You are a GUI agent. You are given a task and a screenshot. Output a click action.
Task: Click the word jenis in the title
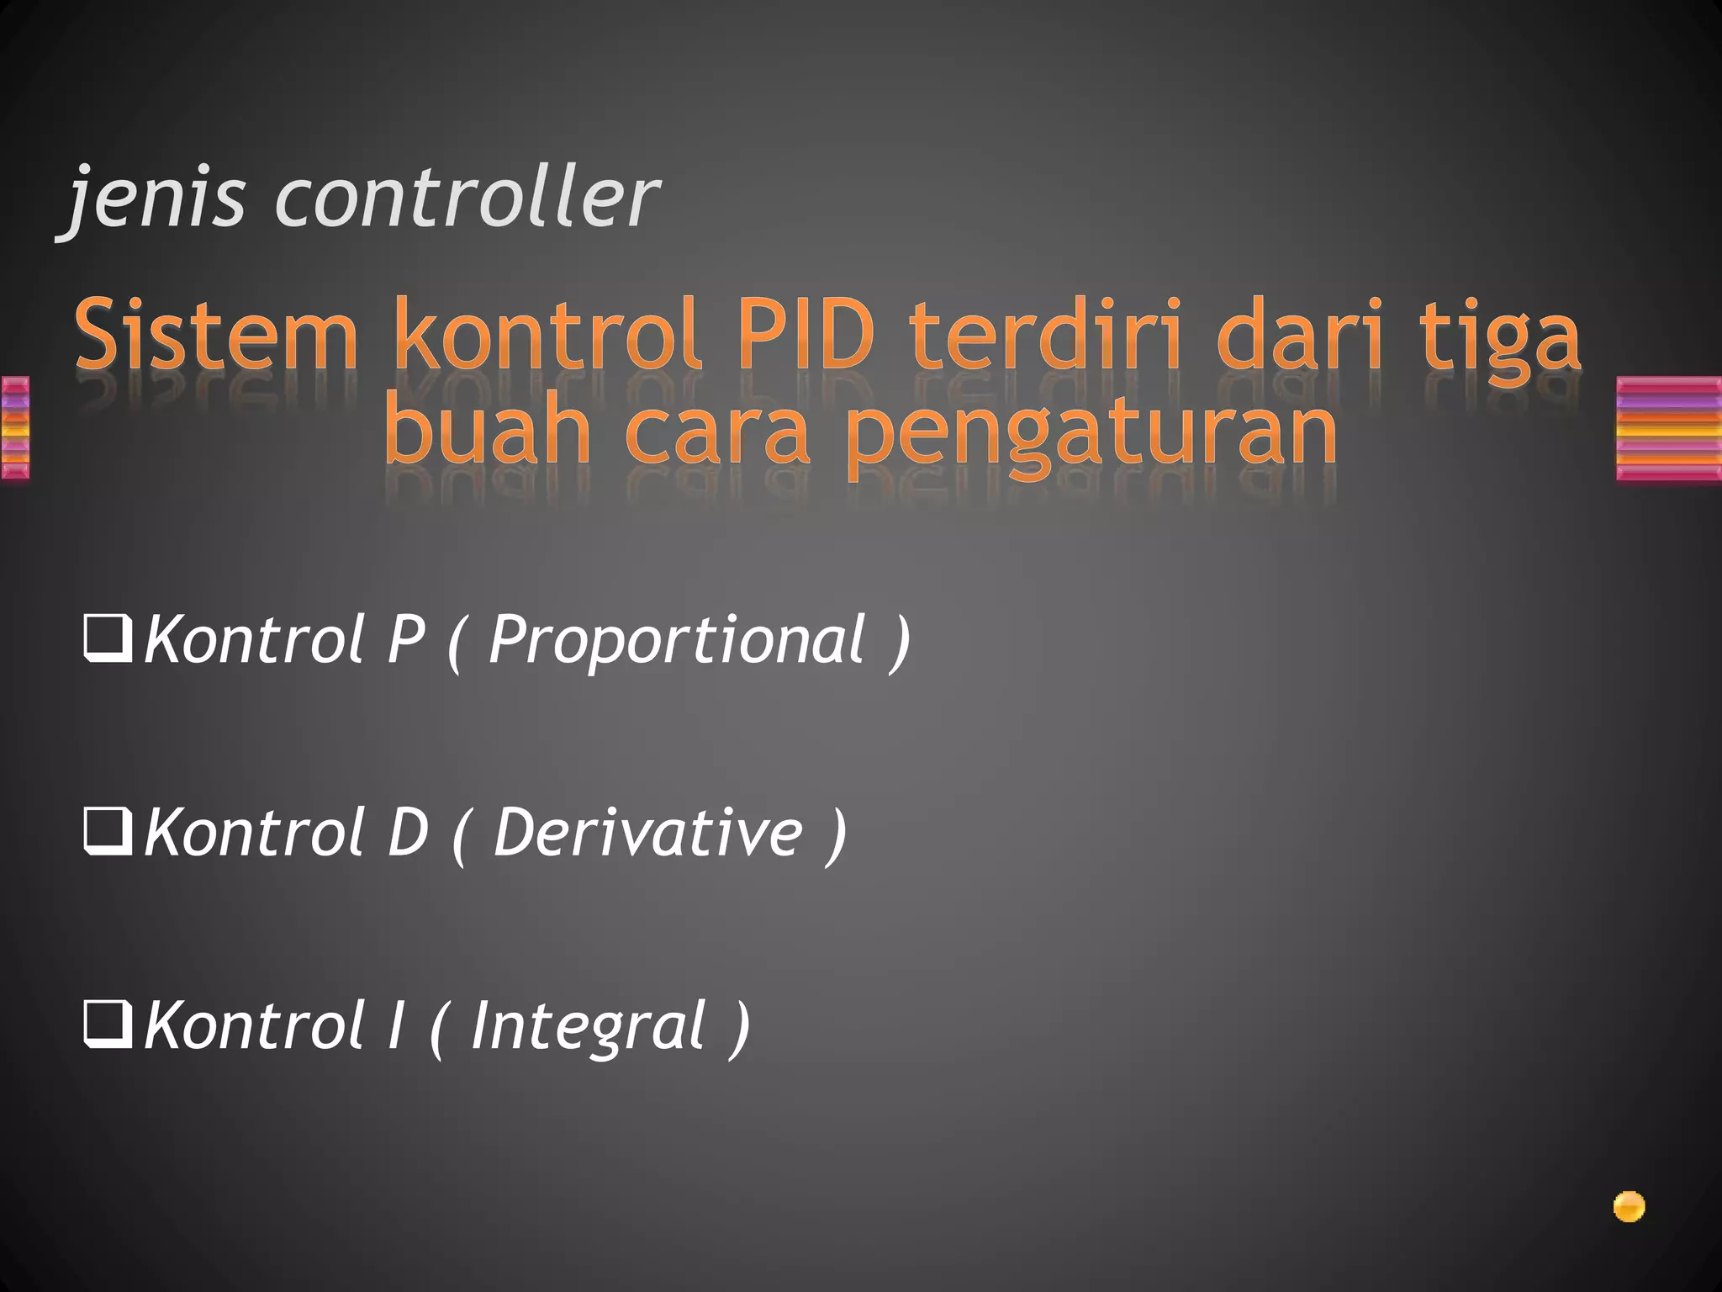156,199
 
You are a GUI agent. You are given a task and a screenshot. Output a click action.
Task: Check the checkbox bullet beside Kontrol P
108,640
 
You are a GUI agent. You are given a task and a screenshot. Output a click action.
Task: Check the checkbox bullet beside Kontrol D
108,834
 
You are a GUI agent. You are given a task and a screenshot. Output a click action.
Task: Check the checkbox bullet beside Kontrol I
108,1027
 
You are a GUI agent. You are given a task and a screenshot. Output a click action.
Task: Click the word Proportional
677,641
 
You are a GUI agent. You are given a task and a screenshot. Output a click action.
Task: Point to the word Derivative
647,834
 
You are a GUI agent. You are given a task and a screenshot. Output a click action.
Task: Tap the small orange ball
1629,1207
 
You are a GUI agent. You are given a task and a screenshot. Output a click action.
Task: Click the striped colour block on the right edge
1669,429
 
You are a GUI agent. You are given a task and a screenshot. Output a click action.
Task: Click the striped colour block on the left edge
14,429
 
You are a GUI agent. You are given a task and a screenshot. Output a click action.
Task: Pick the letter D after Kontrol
408,834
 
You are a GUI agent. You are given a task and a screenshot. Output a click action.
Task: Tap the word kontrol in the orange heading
547,337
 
